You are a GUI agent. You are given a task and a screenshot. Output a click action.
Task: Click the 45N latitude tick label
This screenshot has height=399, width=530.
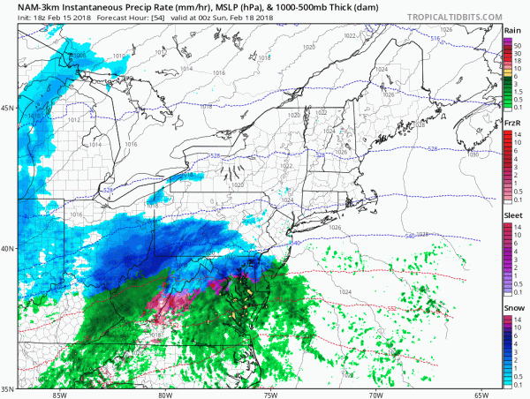click(8, 109)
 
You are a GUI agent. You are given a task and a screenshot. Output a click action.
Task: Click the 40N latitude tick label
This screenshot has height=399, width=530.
click(8, 248)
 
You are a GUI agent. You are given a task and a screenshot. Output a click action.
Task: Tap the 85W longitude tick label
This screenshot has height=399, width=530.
click(59, 394)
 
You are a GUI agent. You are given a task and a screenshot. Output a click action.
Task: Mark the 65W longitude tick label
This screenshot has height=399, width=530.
click(481, 394)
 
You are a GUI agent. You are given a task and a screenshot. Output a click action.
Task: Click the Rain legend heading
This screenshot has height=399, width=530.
click(511, 31)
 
